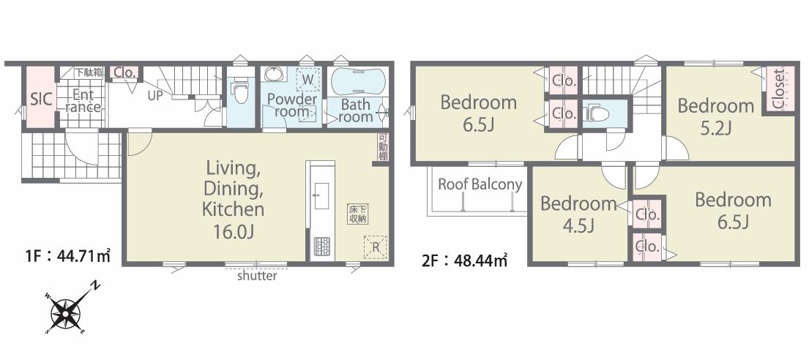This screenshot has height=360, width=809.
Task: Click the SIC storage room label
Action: coord(41,99)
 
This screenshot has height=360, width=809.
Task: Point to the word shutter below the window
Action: coord(257,276)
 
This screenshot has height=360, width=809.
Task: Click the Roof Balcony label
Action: coord(480,184)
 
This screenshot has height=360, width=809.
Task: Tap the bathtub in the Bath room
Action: coord(357,81)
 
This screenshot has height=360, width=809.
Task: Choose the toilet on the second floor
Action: coord(597,113)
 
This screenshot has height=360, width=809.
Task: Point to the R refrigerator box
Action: coord(376,247)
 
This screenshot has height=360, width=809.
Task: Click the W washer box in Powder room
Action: coord(307,80)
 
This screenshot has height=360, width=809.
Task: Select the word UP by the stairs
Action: coord(155,96)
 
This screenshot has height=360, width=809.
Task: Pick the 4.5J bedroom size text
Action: coord(578,225)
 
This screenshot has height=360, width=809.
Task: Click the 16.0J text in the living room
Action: coord(234,231)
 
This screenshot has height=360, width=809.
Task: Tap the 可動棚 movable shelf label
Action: coord(382,147)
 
